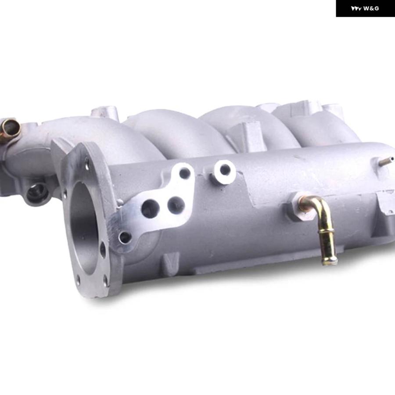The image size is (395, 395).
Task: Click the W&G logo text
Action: pyautogui.click(x=371, y=9)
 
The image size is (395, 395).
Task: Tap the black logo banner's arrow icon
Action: pyautogui.click(x=356, y=9)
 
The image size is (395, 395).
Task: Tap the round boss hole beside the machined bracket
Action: pyautogui.click(x=224, y=169)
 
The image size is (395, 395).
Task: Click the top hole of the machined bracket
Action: pyautogui.click(x=185, y=172)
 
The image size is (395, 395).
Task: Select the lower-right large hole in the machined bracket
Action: pyautogui.click(x=175, y=204)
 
